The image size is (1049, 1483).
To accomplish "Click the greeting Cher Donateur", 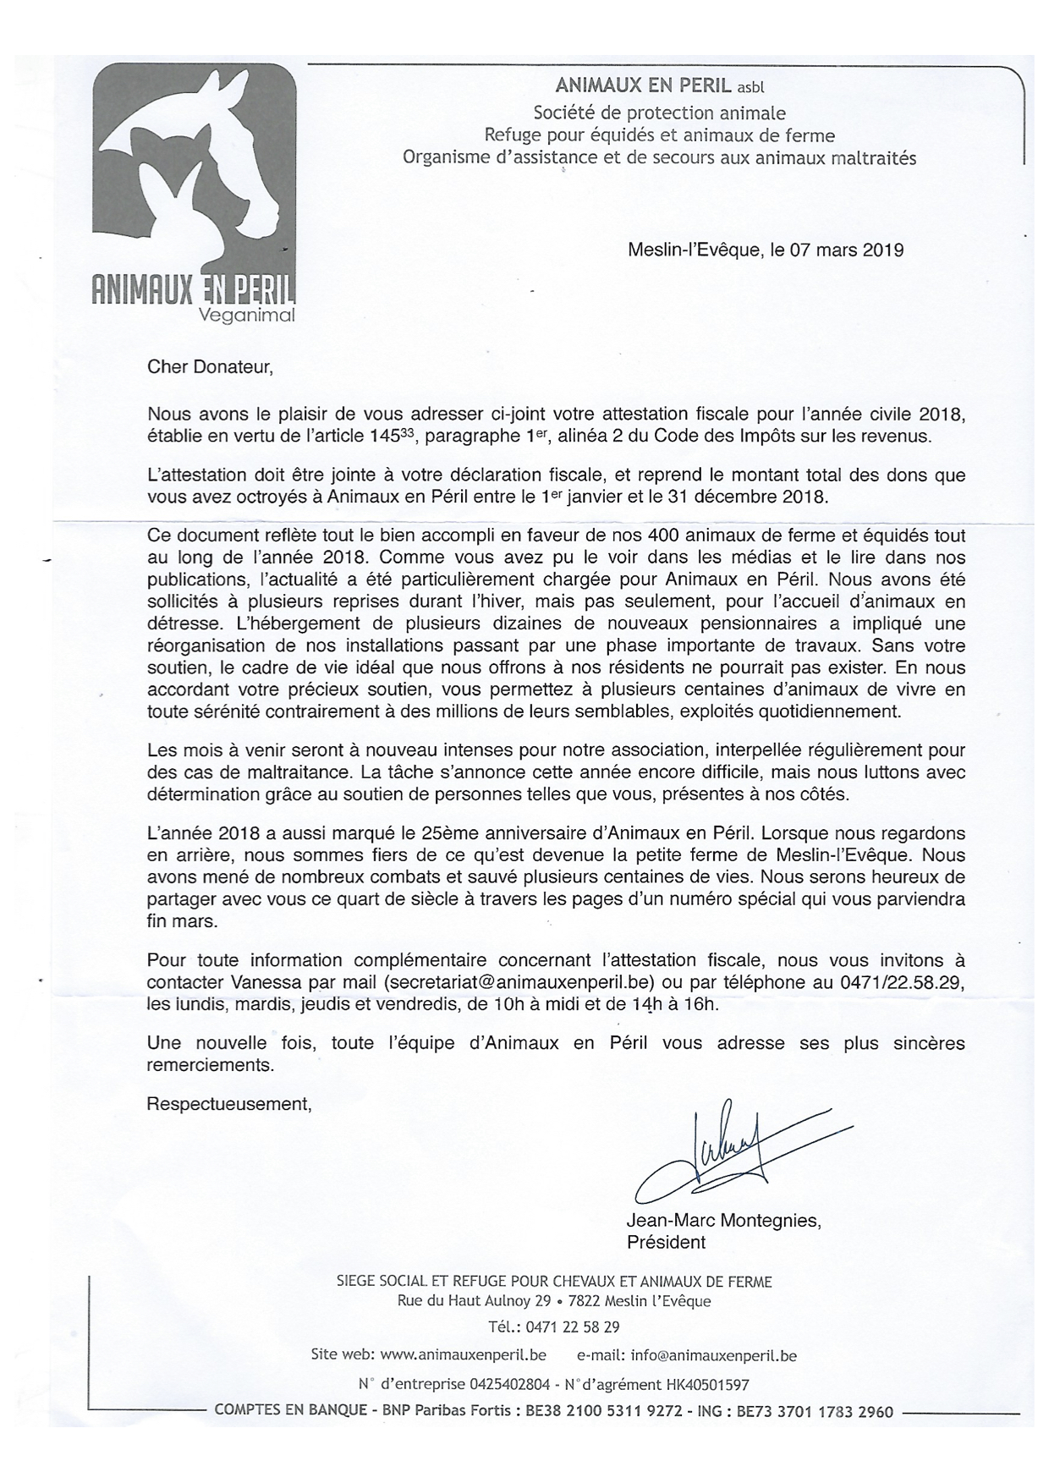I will [211, 367].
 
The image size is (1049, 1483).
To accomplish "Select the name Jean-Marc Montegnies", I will [722, 1222].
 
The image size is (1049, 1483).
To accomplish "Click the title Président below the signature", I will [666, 1242].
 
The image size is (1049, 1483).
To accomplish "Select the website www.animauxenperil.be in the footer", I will [463, 1355].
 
